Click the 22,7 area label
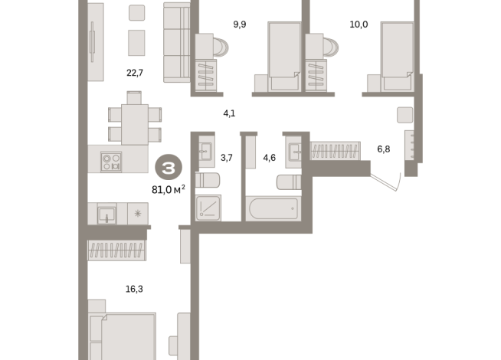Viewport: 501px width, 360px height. [x=135, y=74]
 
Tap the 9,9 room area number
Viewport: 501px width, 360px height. [x=240, y=25]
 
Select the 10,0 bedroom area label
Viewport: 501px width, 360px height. [x=359, y=25]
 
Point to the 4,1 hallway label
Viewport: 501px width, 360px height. [x=229, y=113]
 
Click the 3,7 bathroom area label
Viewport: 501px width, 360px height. [x=227, y=158]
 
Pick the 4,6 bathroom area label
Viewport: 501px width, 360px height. [x=269, y=158]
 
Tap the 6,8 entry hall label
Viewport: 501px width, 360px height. [x=384, y=149]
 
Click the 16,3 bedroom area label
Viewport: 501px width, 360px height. [x=134, y=289]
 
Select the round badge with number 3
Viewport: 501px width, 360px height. [x=169, y=168]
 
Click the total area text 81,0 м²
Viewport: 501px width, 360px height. [x=169, y=190]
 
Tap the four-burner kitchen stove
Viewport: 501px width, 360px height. [x=111, y=162]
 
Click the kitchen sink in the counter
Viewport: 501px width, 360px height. [x=106, y=214]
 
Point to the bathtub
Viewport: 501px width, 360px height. [x=273, y=208]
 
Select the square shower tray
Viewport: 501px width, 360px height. [x=208, y=208]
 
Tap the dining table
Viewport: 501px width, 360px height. [x=135, y=125]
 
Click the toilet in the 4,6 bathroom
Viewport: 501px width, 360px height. [x=289, y=182]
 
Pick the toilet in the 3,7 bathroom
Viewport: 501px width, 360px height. [x=208, y=180]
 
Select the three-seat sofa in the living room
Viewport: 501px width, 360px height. [x=177, y=42]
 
